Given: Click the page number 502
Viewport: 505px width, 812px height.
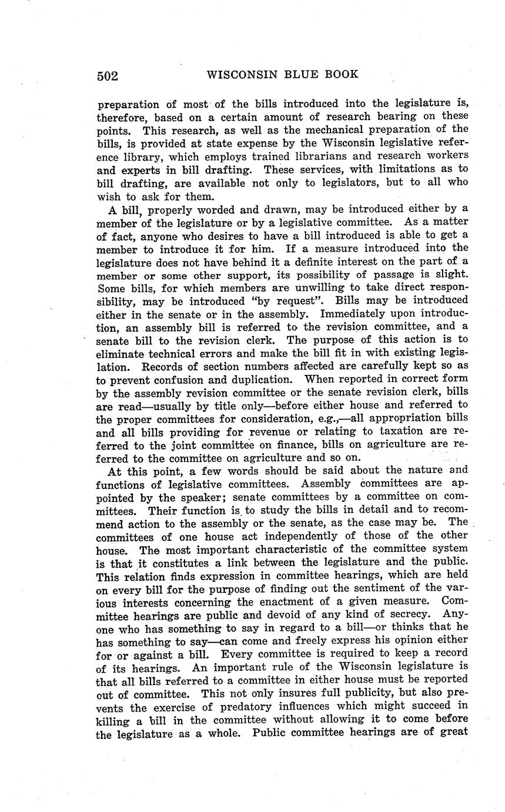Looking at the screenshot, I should (108, 76).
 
